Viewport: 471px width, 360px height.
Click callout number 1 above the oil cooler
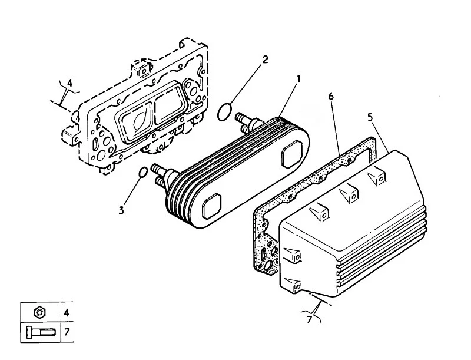click(298, 79)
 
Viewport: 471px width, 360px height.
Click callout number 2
click(265, 59)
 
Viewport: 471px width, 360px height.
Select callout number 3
click(121, 210)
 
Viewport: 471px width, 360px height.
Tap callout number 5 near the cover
click(370, 117)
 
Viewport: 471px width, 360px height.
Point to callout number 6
click(331, 97)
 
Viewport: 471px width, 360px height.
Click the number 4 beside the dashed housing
click(69, 83)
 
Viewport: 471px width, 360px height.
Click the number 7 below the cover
click(310, 319)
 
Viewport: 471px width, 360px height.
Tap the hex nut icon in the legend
click(39, 312)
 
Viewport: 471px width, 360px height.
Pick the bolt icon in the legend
click(40, 332)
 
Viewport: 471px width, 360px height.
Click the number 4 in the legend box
click(67, 313)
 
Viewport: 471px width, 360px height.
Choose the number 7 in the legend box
click(67, 332)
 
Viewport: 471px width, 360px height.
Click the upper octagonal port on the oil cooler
click(291, 154)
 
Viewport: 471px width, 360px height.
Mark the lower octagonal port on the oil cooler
click(212, 206)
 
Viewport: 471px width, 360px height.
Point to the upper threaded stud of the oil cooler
click(244, 117)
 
